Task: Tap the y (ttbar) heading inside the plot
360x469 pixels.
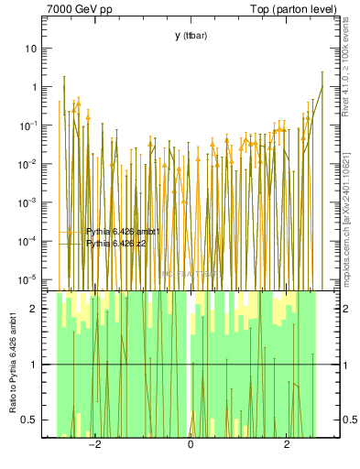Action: click(x=191, y=36)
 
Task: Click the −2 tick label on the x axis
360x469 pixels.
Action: click(x=93, y=446)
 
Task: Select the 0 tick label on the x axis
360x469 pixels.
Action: click(x=191, y=446)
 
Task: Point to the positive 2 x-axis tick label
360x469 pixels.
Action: click(x=287, y=446)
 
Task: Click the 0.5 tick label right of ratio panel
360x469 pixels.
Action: click(x=335, y=420)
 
